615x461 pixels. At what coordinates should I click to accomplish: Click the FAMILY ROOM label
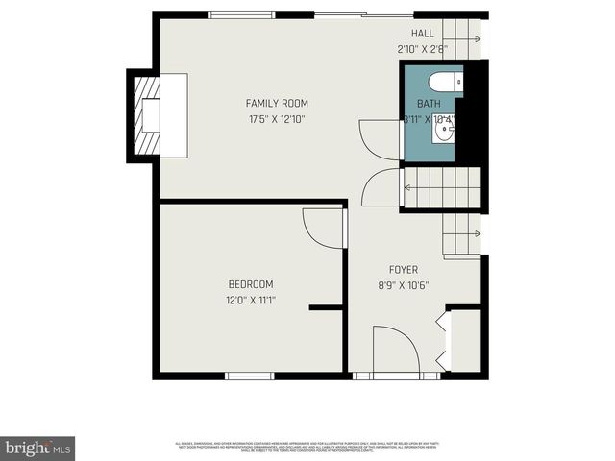pos(277,103)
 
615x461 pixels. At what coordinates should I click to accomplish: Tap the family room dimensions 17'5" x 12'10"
pos(277,119)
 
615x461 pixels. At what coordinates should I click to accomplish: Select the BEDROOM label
pos(251,284)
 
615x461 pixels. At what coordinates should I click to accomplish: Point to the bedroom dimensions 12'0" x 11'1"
pos(251,300)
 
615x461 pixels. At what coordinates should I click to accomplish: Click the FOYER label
pos(404,269)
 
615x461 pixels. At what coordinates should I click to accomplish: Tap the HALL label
pos(423,33)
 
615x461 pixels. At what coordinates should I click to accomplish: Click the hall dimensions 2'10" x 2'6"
pos(423,48)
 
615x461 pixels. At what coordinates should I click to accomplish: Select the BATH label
pos(428,104)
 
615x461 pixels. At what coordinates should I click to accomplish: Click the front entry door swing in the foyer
pos(394,347)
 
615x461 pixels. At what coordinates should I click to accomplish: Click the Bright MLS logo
pos(37,448)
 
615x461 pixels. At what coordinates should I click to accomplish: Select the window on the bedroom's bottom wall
pos(250,376)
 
